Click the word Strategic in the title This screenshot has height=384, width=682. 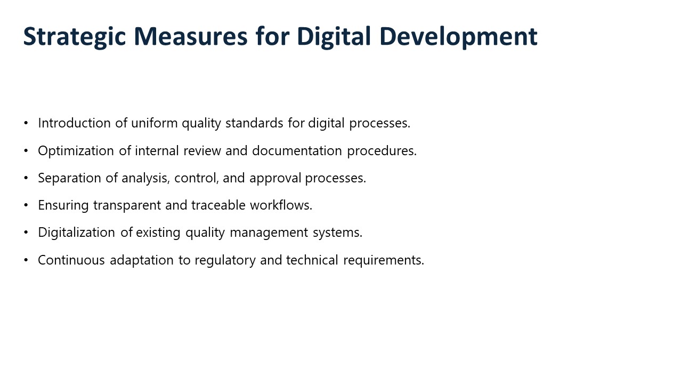tap(75, 37)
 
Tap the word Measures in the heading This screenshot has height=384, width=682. tap(191, 36)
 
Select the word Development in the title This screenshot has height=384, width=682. tap(459, 37)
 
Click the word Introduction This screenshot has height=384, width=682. tap(74, 123)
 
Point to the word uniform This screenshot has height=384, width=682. tap(155, 123)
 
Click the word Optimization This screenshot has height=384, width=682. tap(76, 151)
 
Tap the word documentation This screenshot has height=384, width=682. tap(297, 151)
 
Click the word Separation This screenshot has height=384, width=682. tap(69, 178)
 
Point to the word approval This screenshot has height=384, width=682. tap(275, 179)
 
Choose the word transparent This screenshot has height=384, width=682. tap(127, 206)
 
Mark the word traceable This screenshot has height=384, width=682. tap(218, 205)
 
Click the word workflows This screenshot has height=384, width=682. tap(281, 205)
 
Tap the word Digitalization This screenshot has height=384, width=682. tap(76, 233)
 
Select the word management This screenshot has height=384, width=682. tap(269, 233)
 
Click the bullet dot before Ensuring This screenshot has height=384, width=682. tap(26, 205)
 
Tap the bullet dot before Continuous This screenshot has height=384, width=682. tap(26, 260)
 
